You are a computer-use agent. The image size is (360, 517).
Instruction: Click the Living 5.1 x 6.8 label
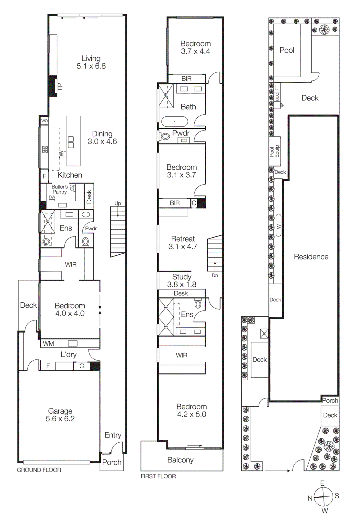(x=91, y=62)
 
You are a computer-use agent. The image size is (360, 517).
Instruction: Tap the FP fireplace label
(x=60, y=86)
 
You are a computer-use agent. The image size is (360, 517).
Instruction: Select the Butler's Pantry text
(x=60, y=189)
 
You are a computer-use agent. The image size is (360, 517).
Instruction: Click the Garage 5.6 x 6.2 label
(x=60, y=415)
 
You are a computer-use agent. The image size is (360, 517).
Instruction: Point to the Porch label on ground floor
(x=112, y=462)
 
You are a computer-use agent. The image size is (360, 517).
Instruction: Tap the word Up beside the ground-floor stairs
(x=118, y=203)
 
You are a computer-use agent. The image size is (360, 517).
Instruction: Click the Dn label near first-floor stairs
(x=215, y=275)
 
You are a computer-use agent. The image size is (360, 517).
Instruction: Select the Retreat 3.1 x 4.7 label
(x=183, y=243)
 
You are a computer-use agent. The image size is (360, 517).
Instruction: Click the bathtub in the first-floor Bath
(x=174, y=122)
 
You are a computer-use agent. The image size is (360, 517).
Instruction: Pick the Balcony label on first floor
(x=180, y=460)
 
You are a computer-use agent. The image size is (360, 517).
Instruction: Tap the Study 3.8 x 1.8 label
(x=182, y=280)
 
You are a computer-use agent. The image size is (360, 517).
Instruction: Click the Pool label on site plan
(x=287, y=50)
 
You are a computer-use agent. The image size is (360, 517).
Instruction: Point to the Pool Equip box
(x=274, y=151)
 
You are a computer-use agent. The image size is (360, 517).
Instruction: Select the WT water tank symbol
(x=279, y=226)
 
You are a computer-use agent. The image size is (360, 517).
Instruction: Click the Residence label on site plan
(x=311, y=257)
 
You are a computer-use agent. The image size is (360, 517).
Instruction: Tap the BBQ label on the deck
(x=277, y=96)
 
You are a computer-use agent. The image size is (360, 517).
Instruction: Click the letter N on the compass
(x=310, y=498)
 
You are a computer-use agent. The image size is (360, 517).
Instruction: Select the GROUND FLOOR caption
(x=39, y=470)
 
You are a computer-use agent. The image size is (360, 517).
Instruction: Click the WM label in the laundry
(x=48, y=343)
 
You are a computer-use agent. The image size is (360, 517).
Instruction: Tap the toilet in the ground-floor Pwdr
(x=86, y=241)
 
